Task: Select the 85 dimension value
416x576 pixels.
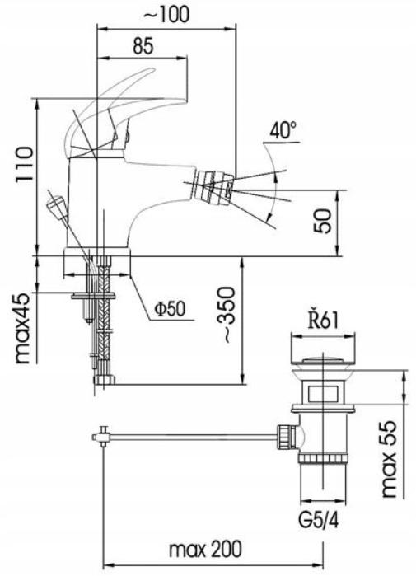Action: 143,47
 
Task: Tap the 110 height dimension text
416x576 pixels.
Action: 25,166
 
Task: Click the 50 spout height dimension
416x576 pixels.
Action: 323,221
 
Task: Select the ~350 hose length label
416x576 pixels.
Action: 225,315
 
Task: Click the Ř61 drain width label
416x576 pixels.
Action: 323,321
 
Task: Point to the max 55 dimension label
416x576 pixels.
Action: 389,459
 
